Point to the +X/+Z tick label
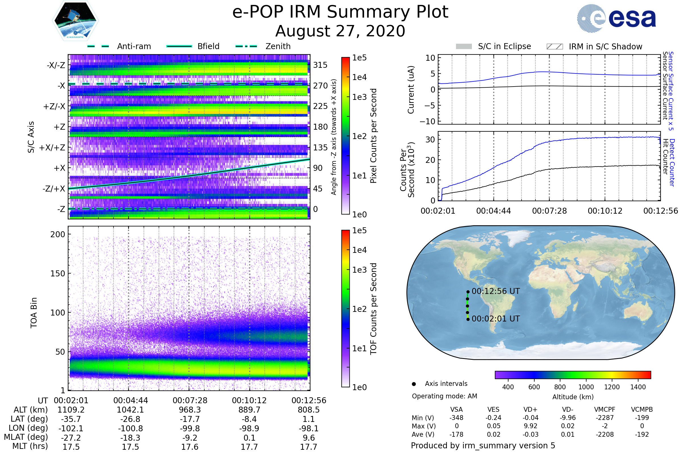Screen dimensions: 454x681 tap(52, 148)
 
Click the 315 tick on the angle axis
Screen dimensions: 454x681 tap(320, 65)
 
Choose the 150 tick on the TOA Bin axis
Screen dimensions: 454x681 tap(58, 273)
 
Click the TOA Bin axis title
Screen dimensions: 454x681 tap(33, 312)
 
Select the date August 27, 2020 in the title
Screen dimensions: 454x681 tap(340, 31)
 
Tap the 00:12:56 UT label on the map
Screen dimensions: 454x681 tap(496, 291)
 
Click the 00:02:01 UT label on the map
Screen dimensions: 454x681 tap(496, 318)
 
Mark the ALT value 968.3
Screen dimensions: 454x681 tap(190, 410)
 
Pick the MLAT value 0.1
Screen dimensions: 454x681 tap(249, 438)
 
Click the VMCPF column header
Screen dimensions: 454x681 tap(605, 409)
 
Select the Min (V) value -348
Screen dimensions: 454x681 tap(456, 417)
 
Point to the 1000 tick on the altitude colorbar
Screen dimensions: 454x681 tap(586, 387)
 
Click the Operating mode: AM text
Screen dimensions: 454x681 tap(444, 396)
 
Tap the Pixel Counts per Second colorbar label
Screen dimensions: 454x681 tap(373, 136)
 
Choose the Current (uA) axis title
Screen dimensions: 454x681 tap(411, 90)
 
